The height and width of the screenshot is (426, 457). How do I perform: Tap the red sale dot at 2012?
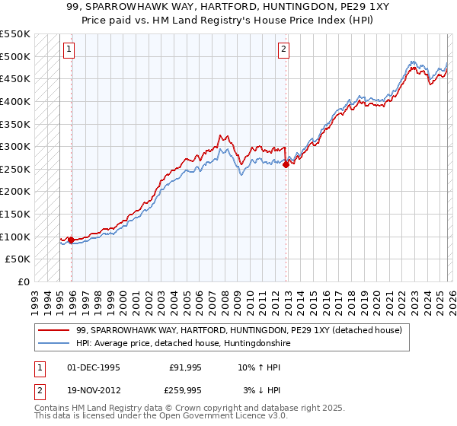[286, 164]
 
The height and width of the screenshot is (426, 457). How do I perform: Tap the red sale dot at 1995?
[72, 240]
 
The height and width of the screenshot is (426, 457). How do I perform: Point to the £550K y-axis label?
[15, 34]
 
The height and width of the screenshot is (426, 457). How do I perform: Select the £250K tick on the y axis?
[15, 169]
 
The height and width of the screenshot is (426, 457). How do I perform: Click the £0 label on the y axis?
[23, 281]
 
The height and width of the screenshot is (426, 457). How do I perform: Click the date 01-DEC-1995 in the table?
[93, 367]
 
